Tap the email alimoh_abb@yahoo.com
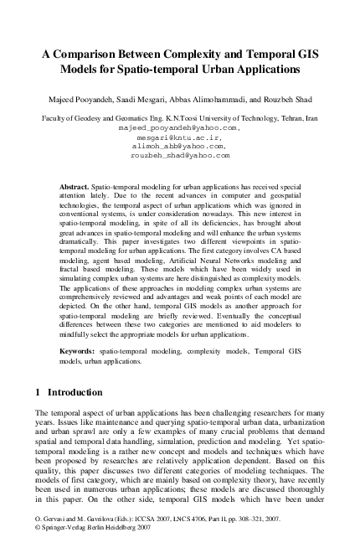[179, 147]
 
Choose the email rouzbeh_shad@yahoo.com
[179, 156]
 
